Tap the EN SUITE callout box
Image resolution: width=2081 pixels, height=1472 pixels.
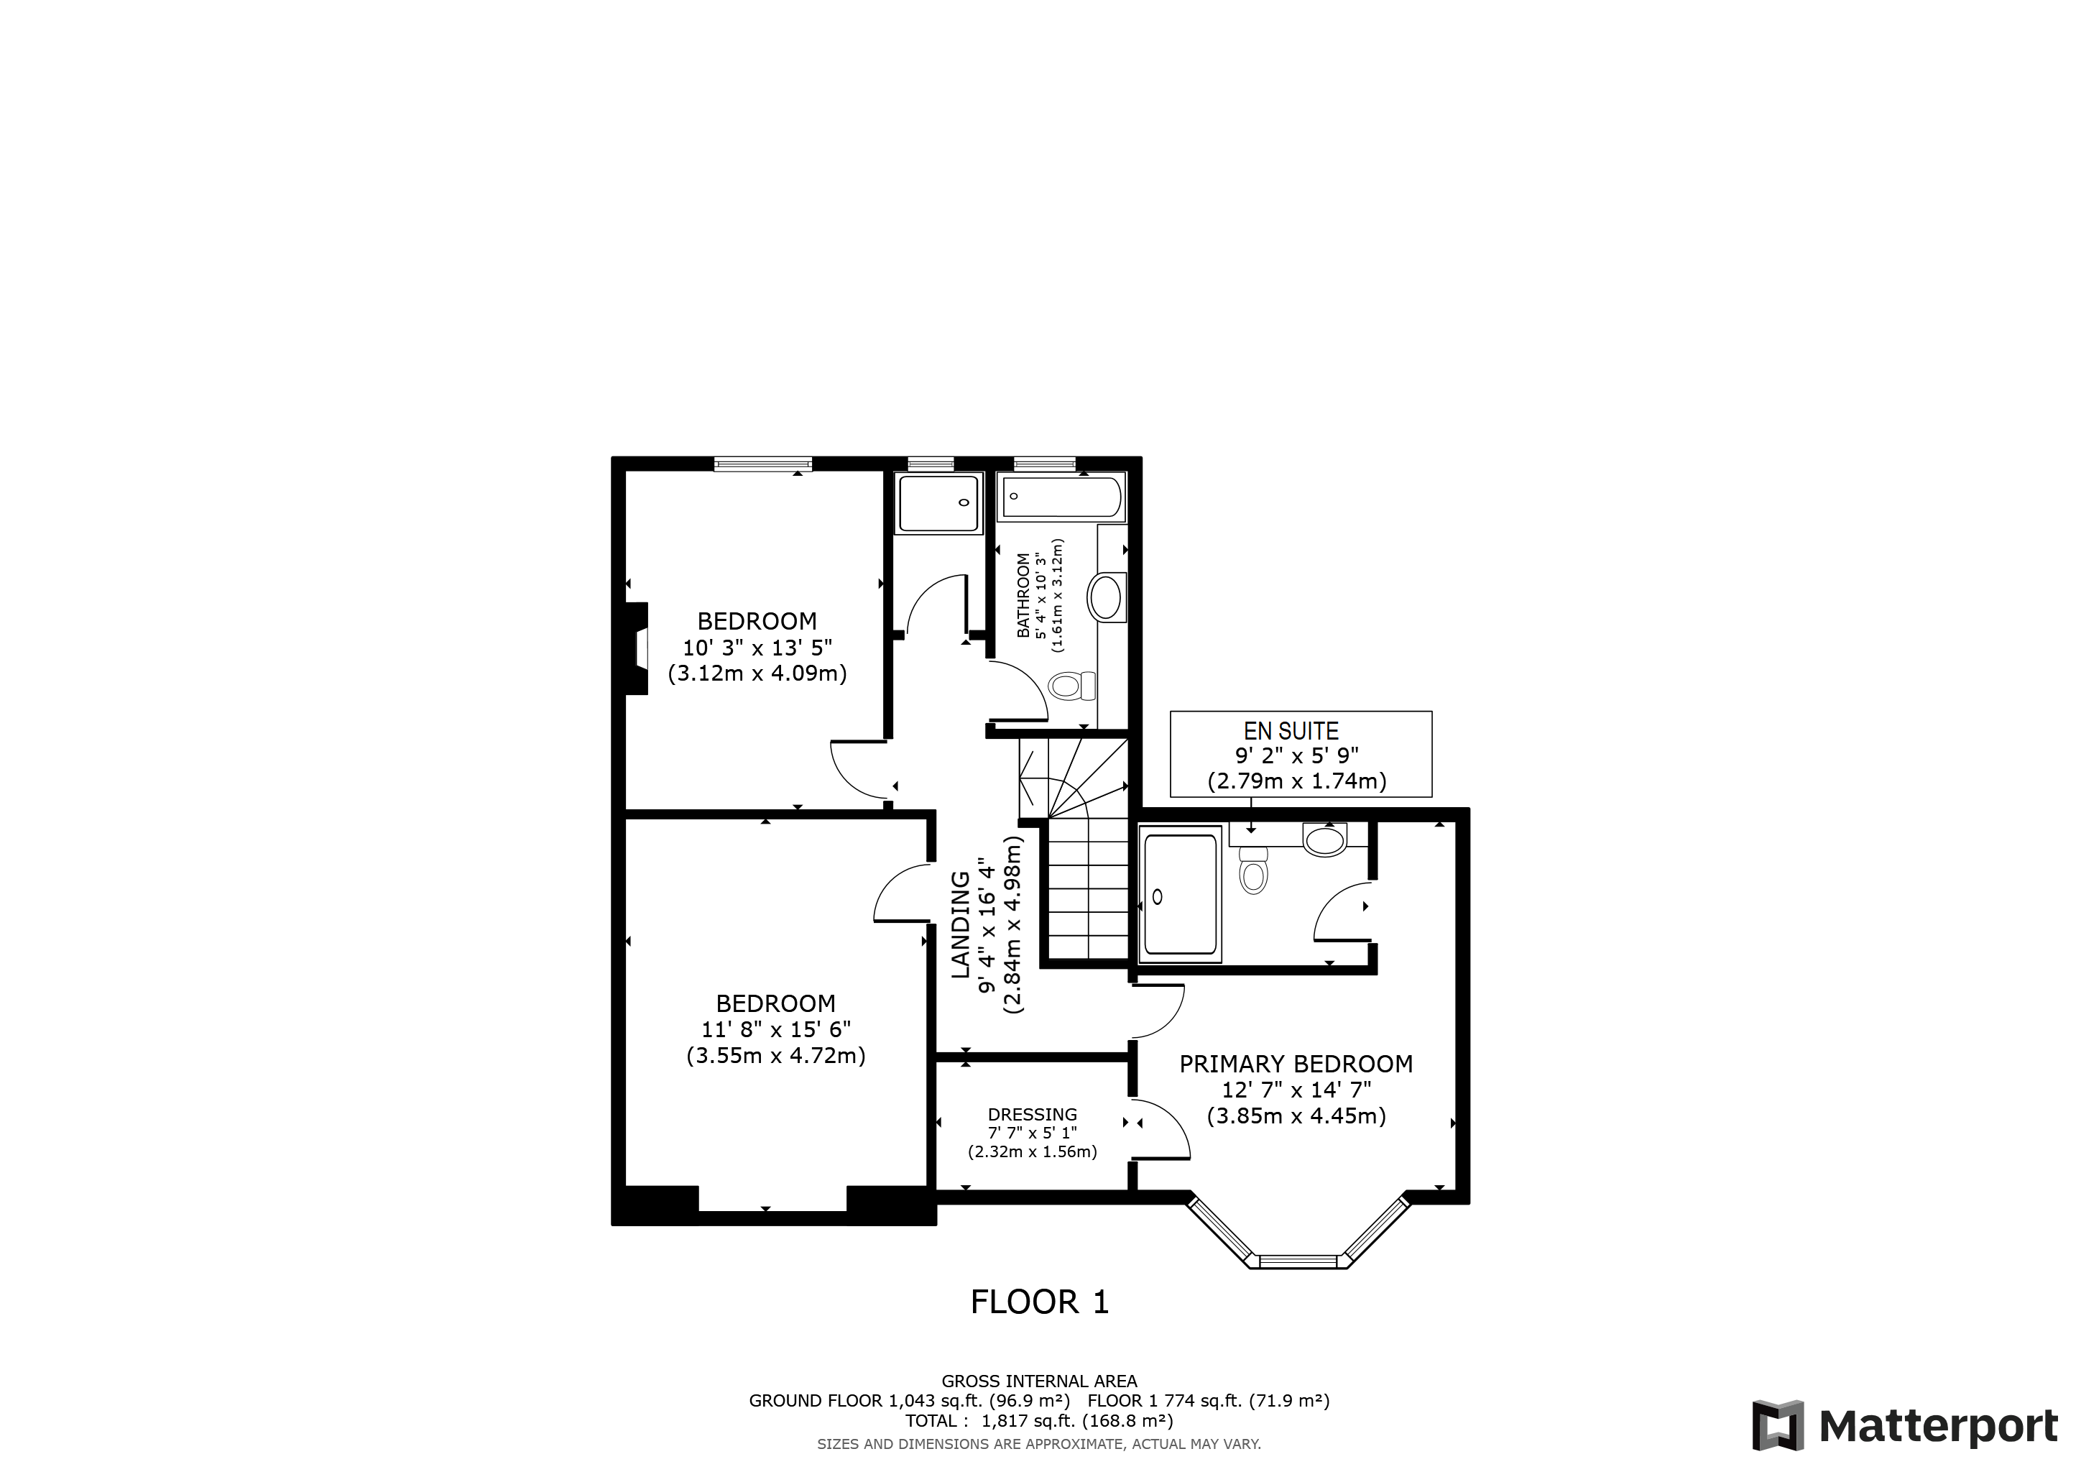[x=1301, y=754]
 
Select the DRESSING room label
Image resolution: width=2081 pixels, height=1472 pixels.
[x=1033, y=1115]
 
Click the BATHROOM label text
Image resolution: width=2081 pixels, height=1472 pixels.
[x=1023, y=596]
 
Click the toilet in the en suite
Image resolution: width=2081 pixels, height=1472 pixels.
[x=1253, y=871]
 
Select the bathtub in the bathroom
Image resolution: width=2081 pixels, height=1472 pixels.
[x=1062, y=497]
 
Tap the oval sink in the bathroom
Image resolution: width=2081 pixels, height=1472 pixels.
[x=1106, y=597]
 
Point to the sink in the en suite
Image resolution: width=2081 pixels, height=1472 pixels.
[x=1324, y=839]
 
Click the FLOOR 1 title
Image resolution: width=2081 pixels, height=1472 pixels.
[x=1040, y=1302]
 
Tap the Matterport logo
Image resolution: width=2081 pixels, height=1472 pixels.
[x=1904, y=1427]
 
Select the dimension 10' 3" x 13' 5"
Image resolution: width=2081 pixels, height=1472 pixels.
[x=757, y=647]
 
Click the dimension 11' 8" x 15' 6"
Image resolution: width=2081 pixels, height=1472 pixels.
[x=776, y=1030]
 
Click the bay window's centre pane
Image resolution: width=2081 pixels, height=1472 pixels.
[x=1298, y=1261]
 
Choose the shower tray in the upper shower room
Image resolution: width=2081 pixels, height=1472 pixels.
[x=939, y=503]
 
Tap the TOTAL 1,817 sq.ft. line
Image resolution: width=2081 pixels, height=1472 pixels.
[x=1038, y=1420]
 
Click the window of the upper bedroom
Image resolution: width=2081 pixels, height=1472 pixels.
[x=762, y=464]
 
